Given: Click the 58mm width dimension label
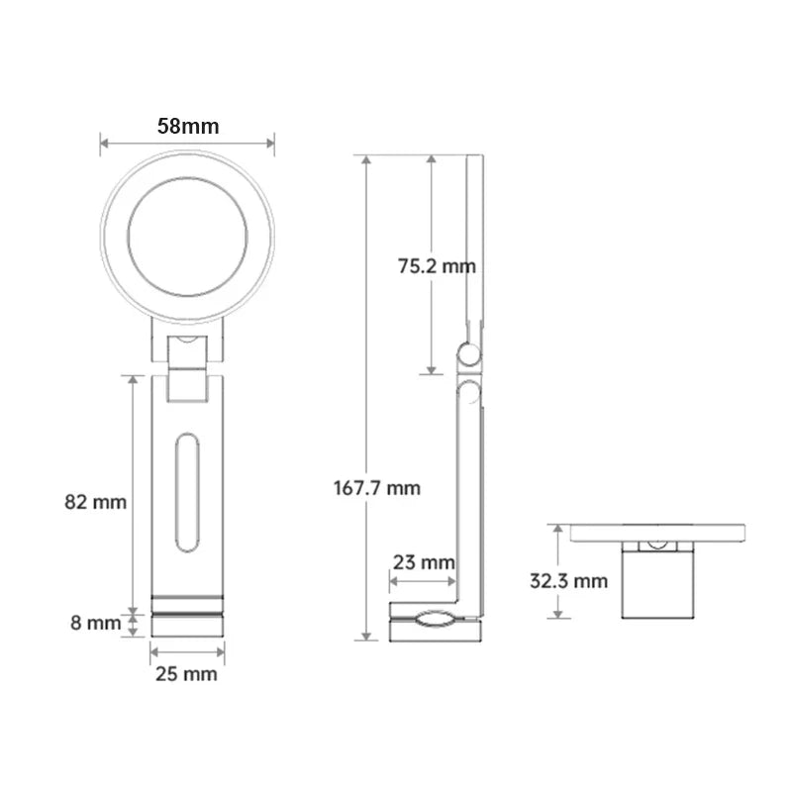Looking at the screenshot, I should pos(187,126).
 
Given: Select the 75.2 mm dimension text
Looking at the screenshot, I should pos(436,265).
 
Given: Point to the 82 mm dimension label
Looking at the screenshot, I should pos(95,502).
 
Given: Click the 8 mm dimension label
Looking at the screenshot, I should pos(95,624).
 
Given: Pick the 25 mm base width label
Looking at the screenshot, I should pos(187,674).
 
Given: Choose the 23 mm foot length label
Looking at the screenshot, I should pos(423,562).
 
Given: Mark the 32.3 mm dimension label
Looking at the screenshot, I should pos(568,581).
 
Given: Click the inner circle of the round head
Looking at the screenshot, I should pos(187,238).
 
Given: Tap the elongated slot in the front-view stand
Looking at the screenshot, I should pos(186,492).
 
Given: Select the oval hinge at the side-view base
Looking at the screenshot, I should pos(434,621).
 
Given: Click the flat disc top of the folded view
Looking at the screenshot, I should pos(657,533).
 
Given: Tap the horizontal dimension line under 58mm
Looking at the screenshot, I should pos(187,145).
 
